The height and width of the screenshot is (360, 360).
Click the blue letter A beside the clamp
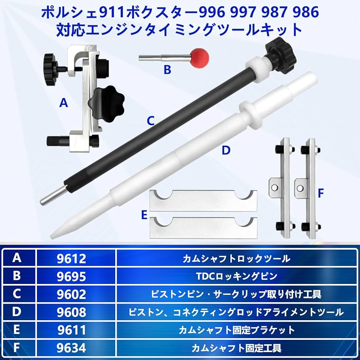63,103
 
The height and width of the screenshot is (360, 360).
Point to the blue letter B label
168,70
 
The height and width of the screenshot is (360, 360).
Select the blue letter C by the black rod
151,120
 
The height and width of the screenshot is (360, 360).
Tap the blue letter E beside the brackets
144,215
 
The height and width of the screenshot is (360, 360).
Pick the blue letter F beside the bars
321,194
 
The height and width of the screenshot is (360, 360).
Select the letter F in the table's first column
17,348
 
